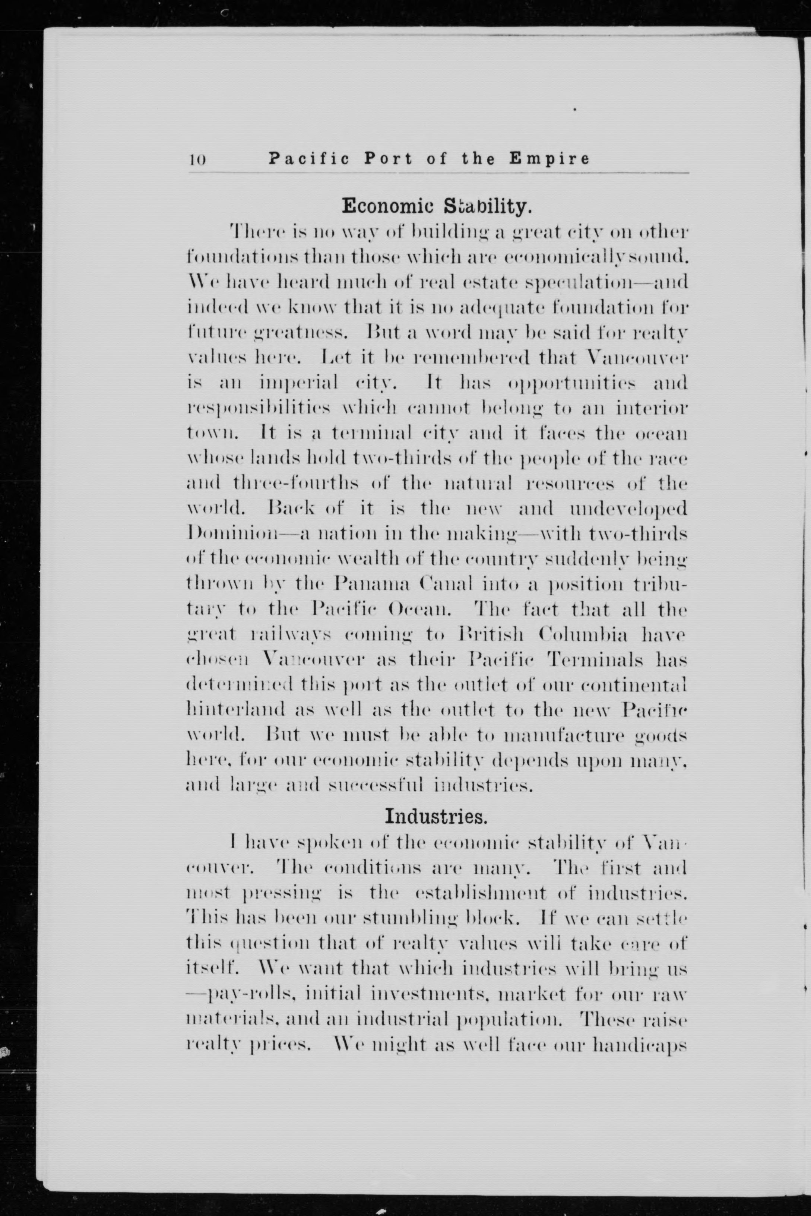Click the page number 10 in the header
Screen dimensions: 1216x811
click(x=197, y=159)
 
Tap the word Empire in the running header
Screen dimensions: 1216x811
click(x=549, y=158)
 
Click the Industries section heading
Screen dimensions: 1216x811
click(x=436, y=816)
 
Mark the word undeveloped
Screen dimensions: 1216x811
click(x=628, y=510)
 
